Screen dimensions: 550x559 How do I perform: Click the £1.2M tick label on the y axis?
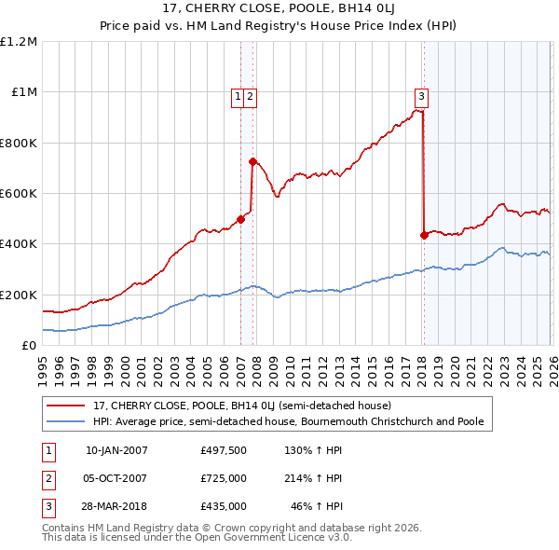click(x=19, y=42)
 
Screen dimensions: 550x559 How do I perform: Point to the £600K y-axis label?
click(x=19, y=194)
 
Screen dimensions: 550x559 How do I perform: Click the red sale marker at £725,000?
click(x=252, y=161)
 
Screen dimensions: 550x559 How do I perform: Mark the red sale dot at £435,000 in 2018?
click(x=424, y=235)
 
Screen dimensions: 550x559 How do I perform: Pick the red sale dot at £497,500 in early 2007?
click(x=240, y=219)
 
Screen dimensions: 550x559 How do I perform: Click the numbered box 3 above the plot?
click(x=422, y=94)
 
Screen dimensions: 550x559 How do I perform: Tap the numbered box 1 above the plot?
click(x=239, y=94)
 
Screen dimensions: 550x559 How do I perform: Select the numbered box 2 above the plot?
click(x=252, y=94)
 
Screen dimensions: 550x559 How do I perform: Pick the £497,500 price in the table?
click(x=224, y=450)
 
